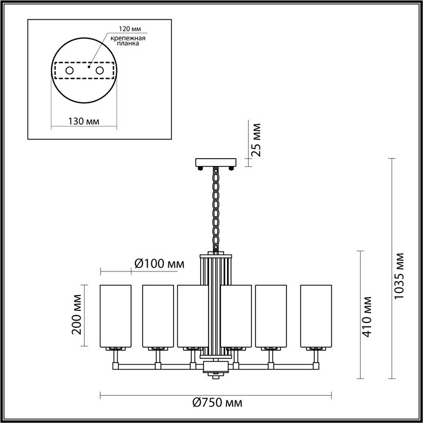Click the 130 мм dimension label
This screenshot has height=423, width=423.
[x=83, y=121]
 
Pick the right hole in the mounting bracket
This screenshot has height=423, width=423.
[x=100, y=71]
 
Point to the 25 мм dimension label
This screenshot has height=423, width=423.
[x=256, y=140]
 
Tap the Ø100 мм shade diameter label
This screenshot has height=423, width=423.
[x=159, y=264]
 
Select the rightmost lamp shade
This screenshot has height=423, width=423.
[x=316, y=316]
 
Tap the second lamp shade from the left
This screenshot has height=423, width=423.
[x=158, y=316]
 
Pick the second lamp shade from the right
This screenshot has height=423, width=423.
[x=271, y=316]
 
